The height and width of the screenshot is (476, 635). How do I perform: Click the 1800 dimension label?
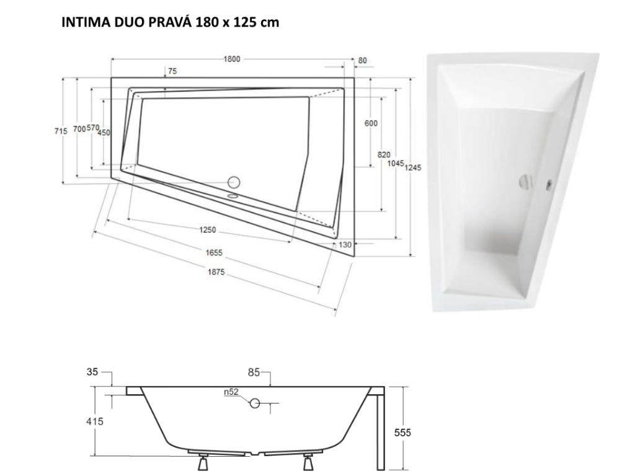tap(232, 59)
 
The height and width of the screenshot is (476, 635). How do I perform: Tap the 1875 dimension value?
tap(216, 272)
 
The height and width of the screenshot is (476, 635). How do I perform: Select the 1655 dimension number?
tap(214, 253)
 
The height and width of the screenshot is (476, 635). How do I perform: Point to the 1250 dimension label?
tap(207, 230)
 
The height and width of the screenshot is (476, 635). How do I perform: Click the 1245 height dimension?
tap(412, 167)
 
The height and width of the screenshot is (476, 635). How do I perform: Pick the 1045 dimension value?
tap(396, 163)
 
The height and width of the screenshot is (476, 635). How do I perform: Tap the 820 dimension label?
tap(384, 154)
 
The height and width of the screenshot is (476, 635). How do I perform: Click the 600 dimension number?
tap(371, 123)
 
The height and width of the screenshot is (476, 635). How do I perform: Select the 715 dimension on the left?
tap(61, 131)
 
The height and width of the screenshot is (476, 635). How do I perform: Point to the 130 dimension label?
tap(345, 244)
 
